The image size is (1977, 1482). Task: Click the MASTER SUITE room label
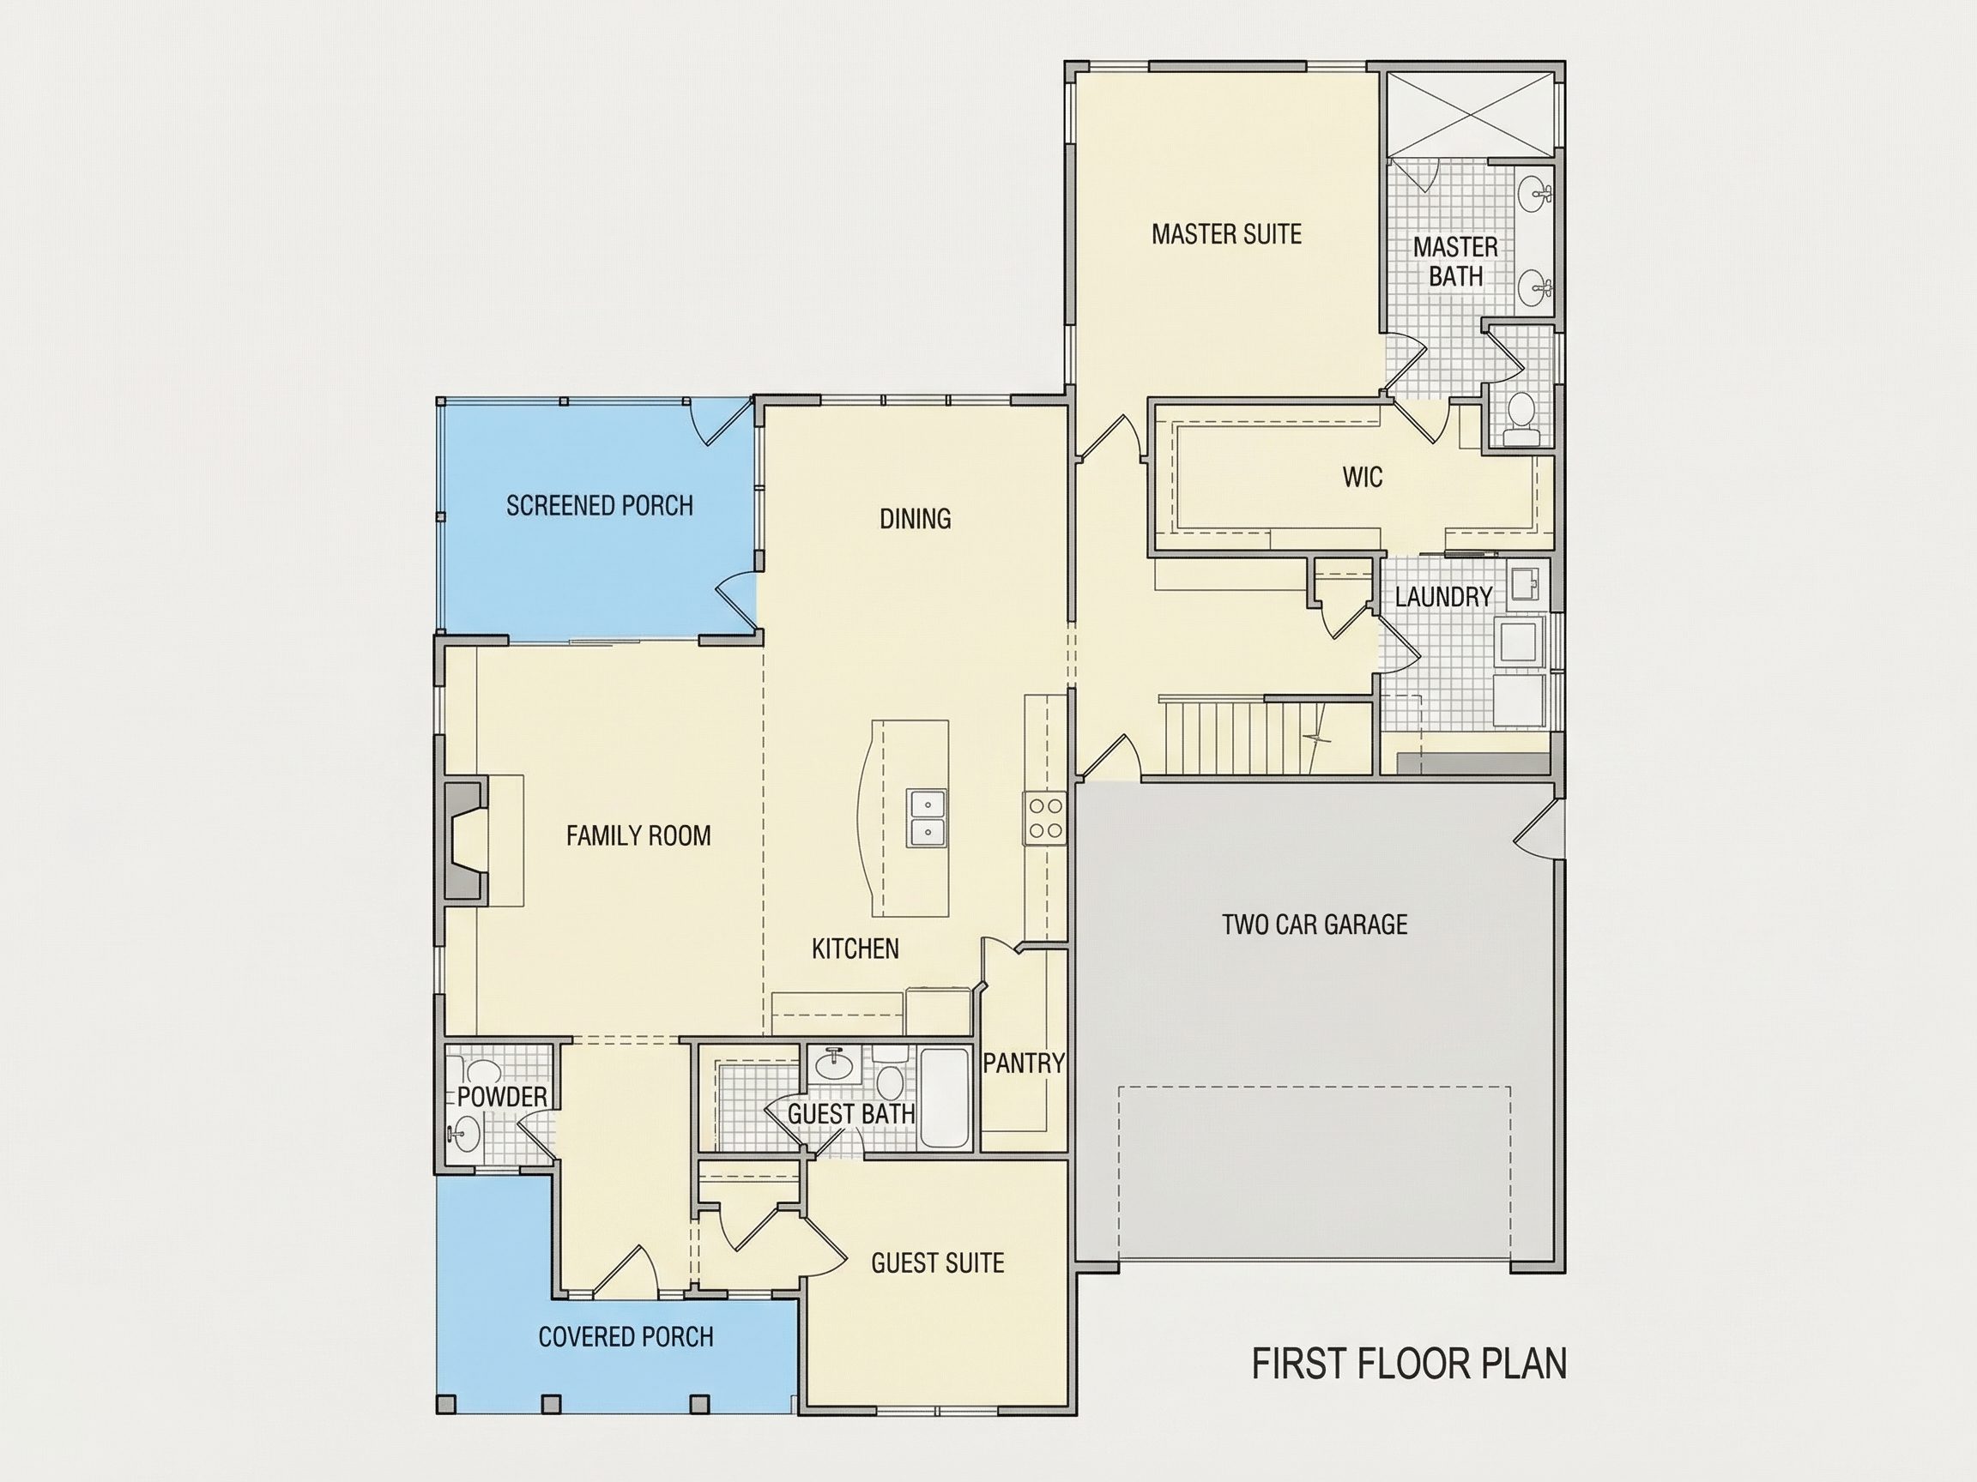[x=1226, y=234]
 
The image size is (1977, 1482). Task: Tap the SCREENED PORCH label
[x=600, y=506]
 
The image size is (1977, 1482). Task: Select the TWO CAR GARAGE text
[x=1315, y=924]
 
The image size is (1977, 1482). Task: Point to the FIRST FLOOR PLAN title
[x=1409, y=1365]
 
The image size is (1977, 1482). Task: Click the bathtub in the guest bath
[x=945, y=1099]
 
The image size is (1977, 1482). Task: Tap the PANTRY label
[x=1024, y=1063]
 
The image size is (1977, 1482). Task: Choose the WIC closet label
[x=1362, y=477]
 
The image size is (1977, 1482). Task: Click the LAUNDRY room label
[x=1443, y=597]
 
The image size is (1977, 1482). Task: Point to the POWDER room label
[x=501, y=1097]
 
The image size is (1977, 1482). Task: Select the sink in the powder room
[x=465, y=1136]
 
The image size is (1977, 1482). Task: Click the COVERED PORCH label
[x=626, y=1336]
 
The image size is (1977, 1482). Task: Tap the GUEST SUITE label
[x=938, y=1262]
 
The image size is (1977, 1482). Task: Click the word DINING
[x=916, y=518]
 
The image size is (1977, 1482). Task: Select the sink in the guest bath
[x=835, y=1062]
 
